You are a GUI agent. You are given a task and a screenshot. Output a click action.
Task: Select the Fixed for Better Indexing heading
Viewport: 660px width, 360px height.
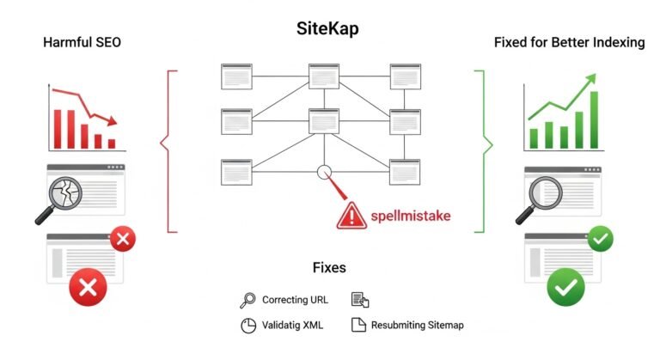[569, 42]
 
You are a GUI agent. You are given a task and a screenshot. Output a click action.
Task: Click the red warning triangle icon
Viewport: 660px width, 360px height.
[351, 214]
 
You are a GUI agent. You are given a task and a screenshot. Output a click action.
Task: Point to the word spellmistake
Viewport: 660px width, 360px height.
[411, 215]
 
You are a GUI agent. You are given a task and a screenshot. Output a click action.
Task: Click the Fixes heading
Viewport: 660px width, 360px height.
[329, 268]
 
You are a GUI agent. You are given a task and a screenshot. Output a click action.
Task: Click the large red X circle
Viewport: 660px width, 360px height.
[87, 287]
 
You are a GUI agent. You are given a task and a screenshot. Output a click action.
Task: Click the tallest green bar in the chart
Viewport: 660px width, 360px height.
[594, 120]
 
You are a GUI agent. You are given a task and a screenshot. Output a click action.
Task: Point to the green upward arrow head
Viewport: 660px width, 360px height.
[590, 80]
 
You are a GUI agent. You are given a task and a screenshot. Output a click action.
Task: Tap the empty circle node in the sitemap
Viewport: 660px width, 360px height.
[323, 172]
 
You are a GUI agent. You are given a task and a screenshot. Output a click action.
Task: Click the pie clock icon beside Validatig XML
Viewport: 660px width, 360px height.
[247, 326]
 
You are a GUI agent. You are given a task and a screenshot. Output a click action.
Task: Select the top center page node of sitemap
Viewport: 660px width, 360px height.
[323, 76]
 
